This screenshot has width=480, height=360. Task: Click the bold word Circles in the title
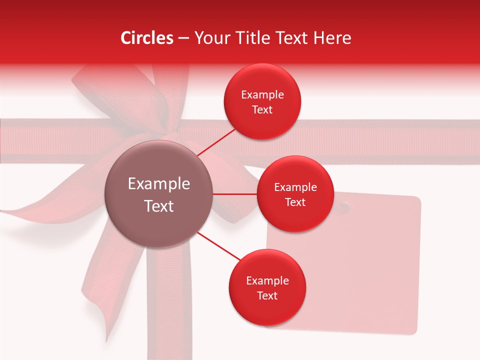coord(147,38)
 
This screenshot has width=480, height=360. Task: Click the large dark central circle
coord(159,194)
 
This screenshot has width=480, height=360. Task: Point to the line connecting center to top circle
coord(217,141)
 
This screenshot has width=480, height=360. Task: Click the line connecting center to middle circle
coord(235,194)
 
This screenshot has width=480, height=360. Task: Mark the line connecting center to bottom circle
coord(218,246)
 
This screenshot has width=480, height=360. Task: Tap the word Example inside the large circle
coord(159,184)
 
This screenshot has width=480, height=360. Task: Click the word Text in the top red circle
coord(262,110)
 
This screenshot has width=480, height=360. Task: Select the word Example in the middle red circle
coord(295,187)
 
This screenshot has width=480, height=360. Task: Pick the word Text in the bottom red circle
coord(267,295)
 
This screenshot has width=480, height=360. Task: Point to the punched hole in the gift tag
coord(344,205)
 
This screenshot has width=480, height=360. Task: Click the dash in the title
coord(183,38)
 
